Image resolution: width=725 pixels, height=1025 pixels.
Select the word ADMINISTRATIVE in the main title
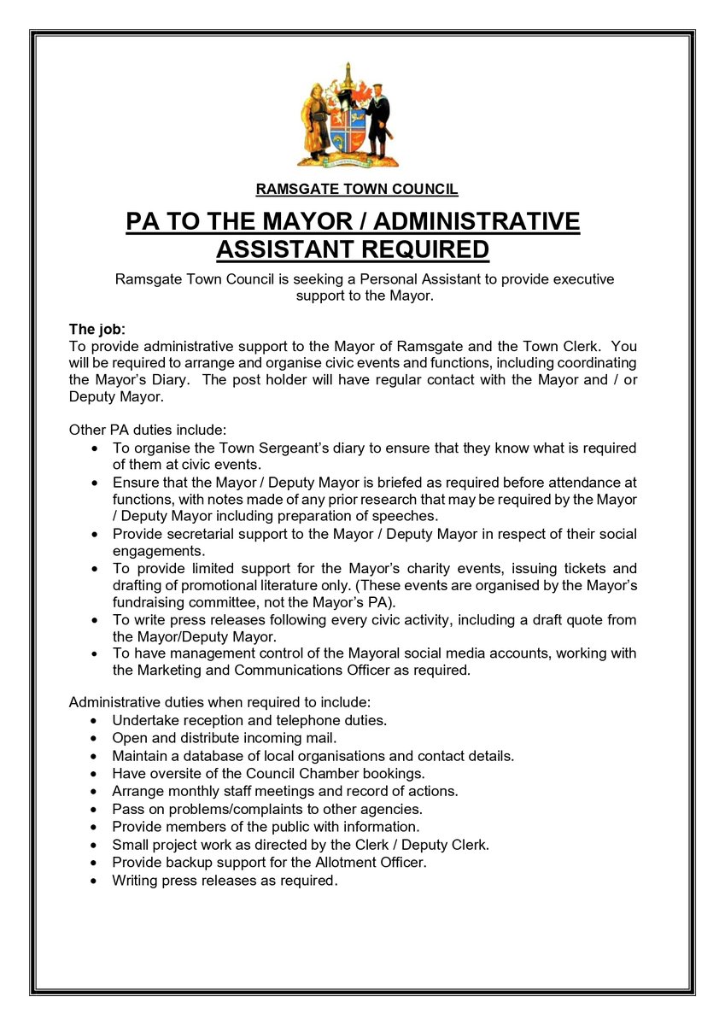[x=477, y=222]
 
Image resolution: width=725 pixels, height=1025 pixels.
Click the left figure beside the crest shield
[x=314, y=120]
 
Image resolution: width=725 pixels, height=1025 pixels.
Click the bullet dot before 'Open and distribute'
[x=94, y=738]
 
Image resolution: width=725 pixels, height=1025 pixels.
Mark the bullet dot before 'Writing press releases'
[x=94, y=881]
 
